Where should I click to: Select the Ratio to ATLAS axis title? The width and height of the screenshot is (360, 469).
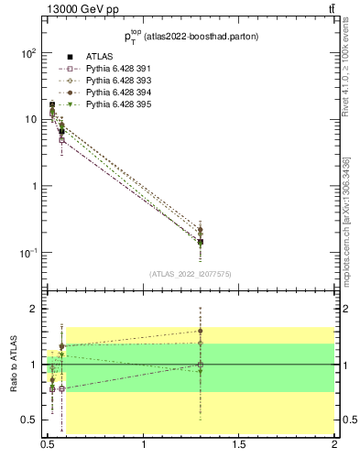click(x=15, y=364)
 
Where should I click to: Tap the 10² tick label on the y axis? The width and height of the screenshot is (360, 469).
click(x=27, y=53)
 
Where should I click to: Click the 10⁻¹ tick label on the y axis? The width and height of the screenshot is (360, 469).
click(x=27, y=253)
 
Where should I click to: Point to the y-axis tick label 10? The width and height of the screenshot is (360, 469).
click(x=30, y=120)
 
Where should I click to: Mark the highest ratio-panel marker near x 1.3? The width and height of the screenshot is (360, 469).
click(x=200, y=332)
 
